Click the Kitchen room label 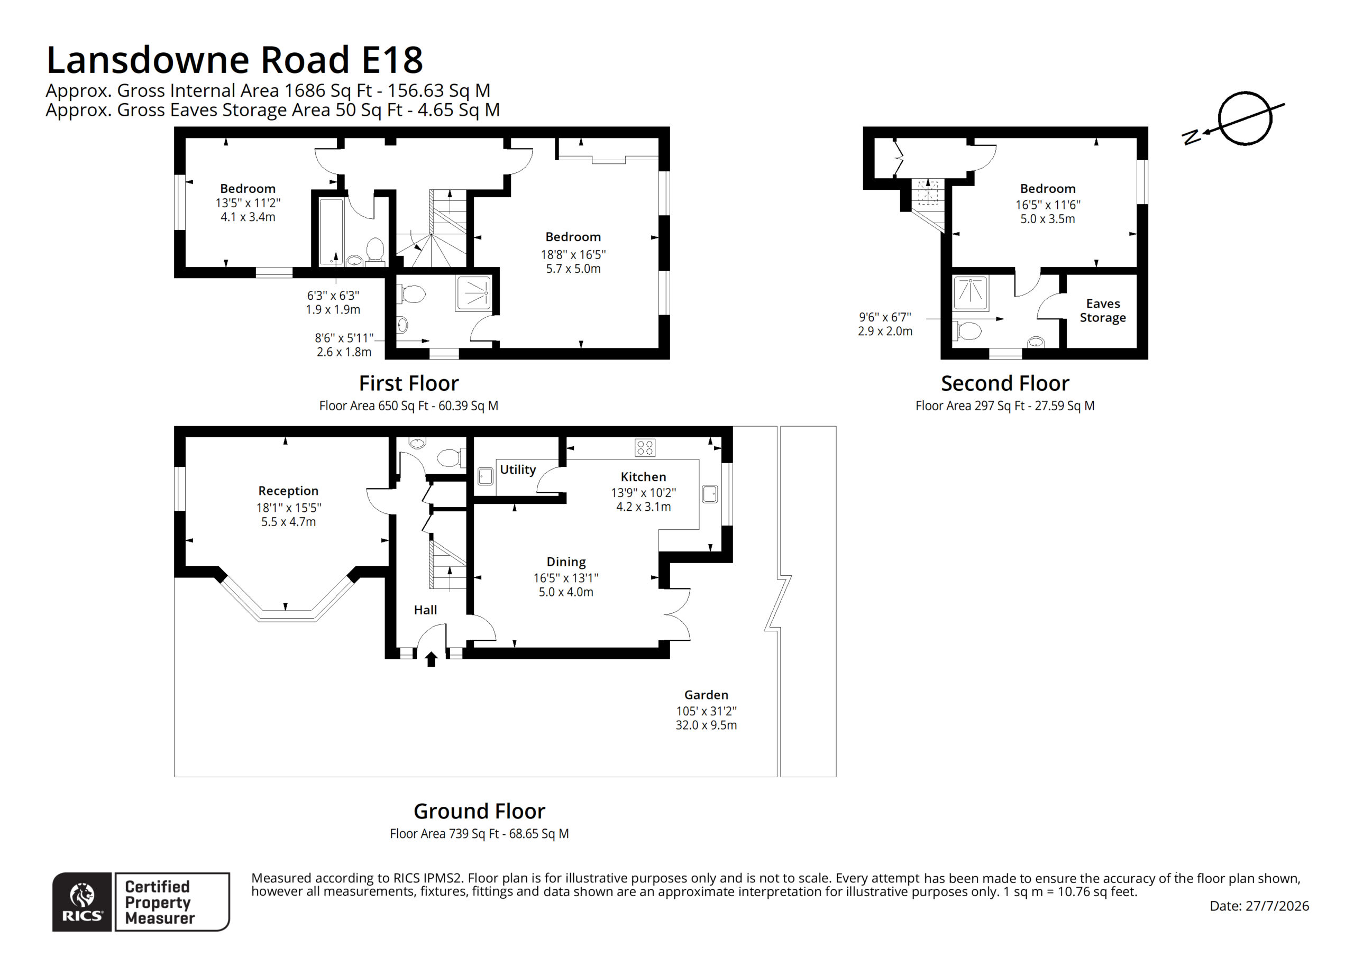click(x=643, y=476)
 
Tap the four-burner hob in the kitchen click(x=645, y=447)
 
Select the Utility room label click(x=518, y=470)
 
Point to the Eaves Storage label click(x=1103, y=310)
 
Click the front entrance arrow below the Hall click(x=431, y=659)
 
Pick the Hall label click(x=425, y=610)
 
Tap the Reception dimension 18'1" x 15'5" click(x=288, y=507)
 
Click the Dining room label click(x=566, y=562)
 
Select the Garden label click(x=706, y=695)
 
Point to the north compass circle click(x=1245, y=118)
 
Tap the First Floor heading click(x=409, y=383)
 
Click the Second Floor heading click(x=1005, y=383)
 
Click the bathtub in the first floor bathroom click(x=331, y=231)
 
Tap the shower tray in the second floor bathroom click(x=970, y=293)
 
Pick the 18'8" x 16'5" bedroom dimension click(x=573, y=255)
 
